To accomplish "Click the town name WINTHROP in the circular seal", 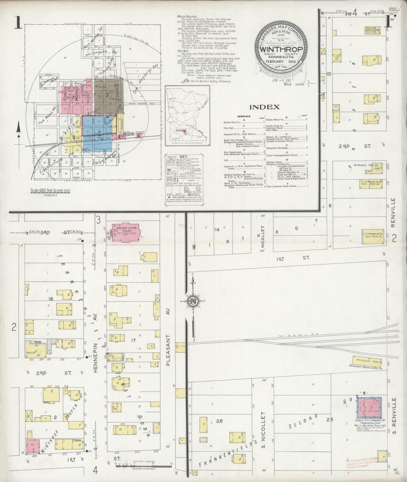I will click(281, 49).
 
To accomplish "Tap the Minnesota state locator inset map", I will click(187, 116).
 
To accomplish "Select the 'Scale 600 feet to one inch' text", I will click(50, 190).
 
